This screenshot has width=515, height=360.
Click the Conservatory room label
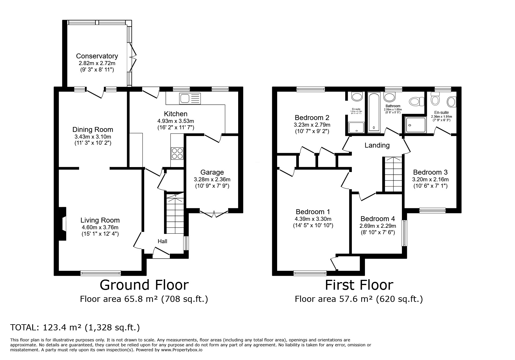coord(97,56)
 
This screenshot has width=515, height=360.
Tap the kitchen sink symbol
coord(190,98)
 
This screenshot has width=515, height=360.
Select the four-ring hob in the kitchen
coord(177,153)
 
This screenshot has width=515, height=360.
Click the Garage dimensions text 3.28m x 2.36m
coord(212,179)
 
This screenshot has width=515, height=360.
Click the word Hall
coord(162,241)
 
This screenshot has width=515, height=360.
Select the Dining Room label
coord(92,130)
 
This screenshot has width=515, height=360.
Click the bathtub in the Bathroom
coord(374,113)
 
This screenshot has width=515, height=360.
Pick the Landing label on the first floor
coord(377,145)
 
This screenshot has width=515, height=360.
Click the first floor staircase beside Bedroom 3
coord(393,174)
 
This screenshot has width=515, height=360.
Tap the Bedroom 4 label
coord(377,218)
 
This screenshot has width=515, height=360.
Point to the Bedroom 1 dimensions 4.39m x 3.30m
coord(313,219)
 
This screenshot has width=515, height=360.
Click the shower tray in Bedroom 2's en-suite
coord(356,127)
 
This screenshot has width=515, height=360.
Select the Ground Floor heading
coord(144,285)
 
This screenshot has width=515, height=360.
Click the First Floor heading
coord(359,285)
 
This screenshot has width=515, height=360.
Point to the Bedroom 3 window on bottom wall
coord(432,210)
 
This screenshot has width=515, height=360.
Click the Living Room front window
coord(100,273)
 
